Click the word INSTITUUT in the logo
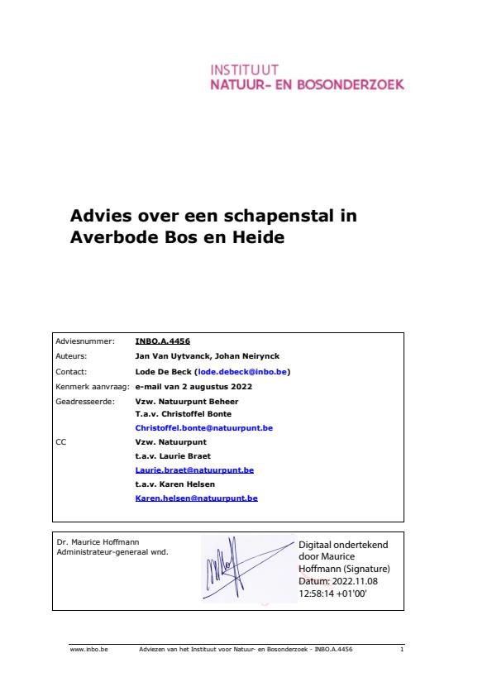pos(245,69)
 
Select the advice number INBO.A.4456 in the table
pos(156,340)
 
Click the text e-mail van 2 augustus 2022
pos(193,386)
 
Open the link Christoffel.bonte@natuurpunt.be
pos(203,428)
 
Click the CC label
pos(60,442)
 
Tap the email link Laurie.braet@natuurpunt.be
pos(194,470)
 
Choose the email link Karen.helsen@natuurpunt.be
pos(196,498)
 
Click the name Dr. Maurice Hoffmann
pos(92,542)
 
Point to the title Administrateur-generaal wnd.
pos(112,551)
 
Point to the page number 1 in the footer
pos(400,650)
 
